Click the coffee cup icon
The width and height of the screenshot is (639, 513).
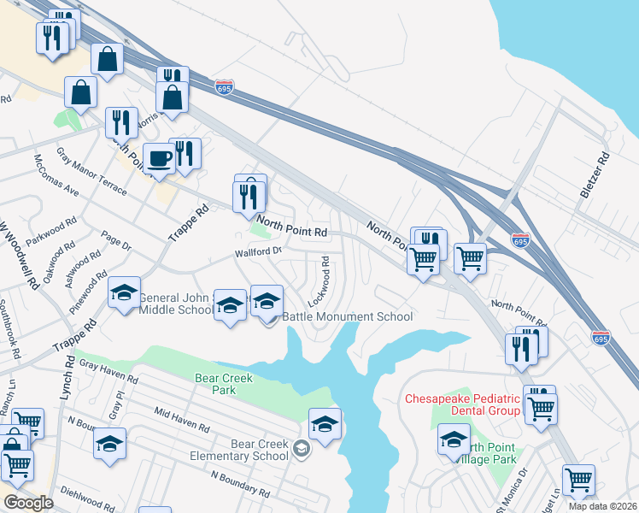(158, 157)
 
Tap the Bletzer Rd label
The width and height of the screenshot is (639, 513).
(595, 175)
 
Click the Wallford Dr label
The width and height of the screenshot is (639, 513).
(259, 252)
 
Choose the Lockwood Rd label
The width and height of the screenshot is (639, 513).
(319, 280)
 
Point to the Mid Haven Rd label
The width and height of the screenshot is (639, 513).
(182, 419)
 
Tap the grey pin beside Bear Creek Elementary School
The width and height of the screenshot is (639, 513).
(301, 448)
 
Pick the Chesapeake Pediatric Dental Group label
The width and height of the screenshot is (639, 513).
(462, 404)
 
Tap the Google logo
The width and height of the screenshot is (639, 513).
(28, 503)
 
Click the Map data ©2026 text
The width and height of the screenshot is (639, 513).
(602, 506)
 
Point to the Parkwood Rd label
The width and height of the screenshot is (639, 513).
(51, 232)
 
